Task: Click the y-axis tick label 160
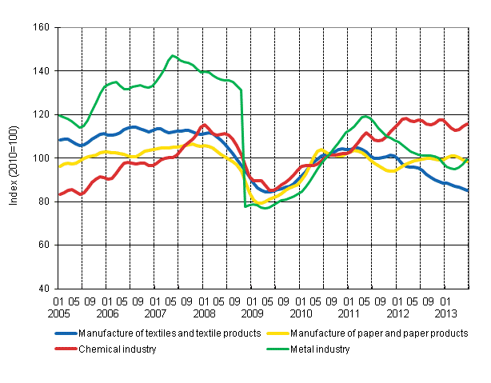pyautogui.click(x=42, y=27)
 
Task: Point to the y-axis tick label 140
pyautogui.click(x=42, y=71)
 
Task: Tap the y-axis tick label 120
pyautogui.click(x=42, y=114)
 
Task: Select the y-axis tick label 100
pyautogui.click(x=42, y=158)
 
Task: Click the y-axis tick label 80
pyautogui.click(x=44, y=201)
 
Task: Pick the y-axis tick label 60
pyautogui.click(x=44, y=245)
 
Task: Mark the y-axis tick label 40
pyautogui.click(x=44, y=289)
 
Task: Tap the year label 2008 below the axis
pyautogui.click(x=204, y=313)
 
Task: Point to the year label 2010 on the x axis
pyautogui.click(x=301, y=313)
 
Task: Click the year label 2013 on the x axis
pyautogui.click(x=445, y=313)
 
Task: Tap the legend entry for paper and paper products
pyautogui.click(x=380, y=333)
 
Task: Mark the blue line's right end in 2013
pyautogui.click(x=468, y=190)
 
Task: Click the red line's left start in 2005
pyautogui.click(x=58, y=194)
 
